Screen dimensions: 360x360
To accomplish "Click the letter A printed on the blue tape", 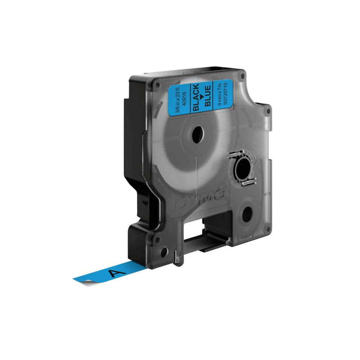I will (x=117, y=272).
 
